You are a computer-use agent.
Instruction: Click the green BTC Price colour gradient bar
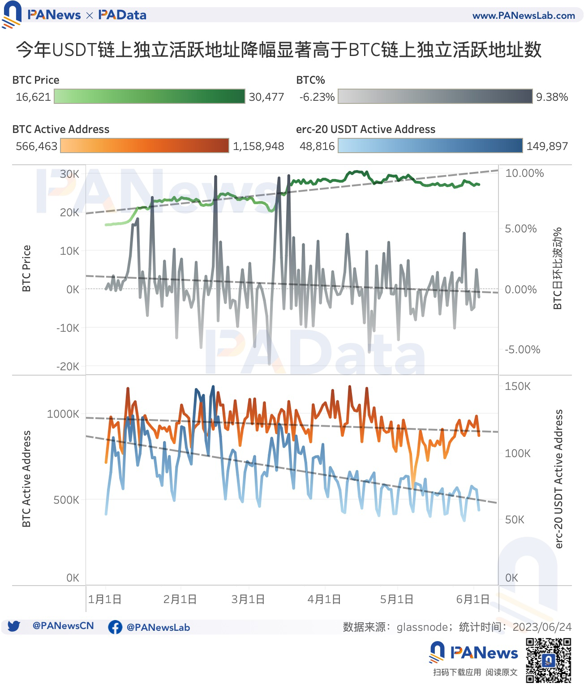tap(150, 97)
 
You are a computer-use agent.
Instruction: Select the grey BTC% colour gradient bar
tap(435, 97)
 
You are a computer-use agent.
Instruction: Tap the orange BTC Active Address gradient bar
tap(144, 146)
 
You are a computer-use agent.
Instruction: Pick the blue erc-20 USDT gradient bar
tap(430, 146)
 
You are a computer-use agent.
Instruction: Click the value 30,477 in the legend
tap(266, 97)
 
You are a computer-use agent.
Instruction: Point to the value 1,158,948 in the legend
tap(258, 146)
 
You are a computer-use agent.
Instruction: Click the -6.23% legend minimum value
tap(317, 97)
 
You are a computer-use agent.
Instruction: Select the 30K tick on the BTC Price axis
tap(69, 174)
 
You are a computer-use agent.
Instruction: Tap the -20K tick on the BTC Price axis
tap(68, 367)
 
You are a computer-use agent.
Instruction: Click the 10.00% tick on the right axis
tap(524, 173)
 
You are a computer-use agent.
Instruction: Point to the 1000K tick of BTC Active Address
tap(63, 414)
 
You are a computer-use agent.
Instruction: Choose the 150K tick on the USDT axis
tap(517, 386)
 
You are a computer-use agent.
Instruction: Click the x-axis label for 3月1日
tap(248, 599)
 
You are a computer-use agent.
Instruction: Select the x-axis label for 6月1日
tap(472, 599)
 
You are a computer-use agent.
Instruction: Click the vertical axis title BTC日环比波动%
tap(557, 269)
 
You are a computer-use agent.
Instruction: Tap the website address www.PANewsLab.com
tap(524, 16)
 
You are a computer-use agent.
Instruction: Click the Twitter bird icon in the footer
tap(14, 626)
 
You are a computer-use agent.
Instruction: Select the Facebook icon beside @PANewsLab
tap(115, 627)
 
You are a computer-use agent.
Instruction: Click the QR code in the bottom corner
tap(549, 660)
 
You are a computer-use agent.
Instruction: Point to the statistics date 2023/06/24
tap(542, 627)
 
